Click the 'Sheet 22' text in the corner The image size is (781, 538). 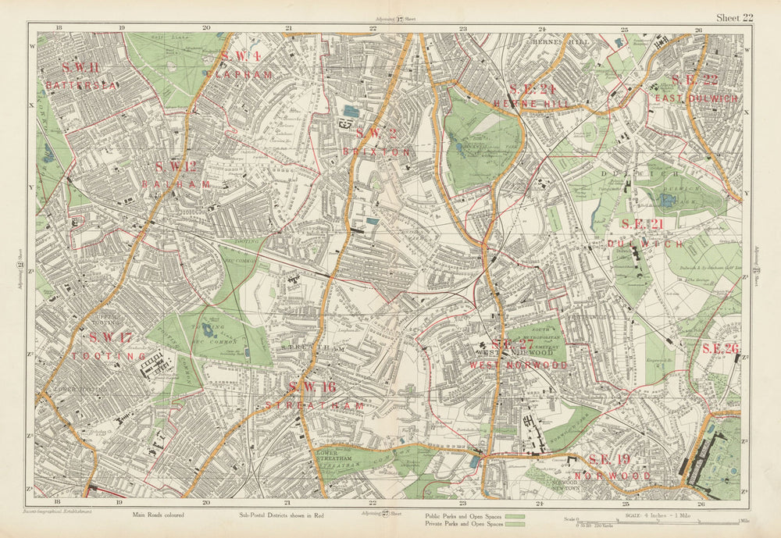pos(735,18)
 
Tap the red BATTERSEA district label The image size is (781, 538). pos(81,85)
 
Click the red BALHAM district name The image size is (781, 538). pos(177,184)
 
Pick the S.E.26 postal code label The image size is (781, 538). pos(720,348)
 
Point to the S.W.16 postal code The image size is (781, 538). pos(312,387)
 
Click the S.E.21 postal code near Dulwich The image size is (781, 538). pos(642,225)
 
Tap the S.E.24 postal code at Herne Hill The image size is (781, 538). pos(531,89)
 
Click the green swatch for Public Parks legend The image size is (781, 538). pos(514,516)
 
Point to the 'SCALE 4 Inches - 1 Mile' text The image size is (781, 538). pos(655,515)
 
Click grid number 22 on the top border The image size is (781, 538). pos(373,29)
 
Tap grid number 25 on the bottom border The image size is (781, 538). pos(625,502)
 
